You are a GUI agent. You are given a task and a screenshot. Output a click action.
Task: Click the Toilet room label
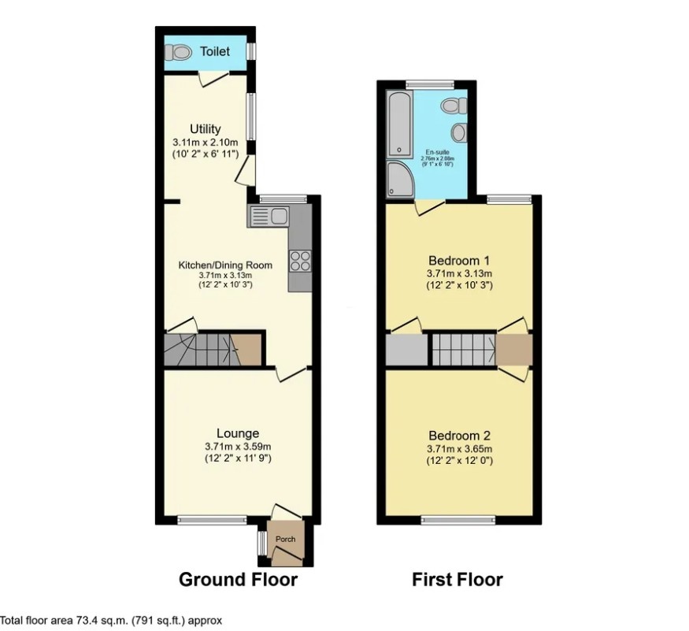click(x=215, y=52)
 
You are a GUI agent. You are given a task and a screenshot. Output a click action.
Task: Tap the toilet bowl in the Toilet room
click(x=180, y=52)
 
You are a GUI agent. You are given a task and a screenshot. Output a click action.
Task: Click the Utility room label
click(x=205, y=129)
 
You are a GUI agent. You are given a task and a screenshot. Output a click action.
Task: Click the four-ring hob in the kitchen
click(x=300, y=261)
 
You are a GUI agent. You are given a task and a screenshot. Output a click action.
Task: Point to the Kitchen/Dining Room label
click(x=224, y=265)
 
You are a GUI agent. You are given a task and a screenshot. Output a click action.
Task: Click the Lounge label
click(x=238, y=433)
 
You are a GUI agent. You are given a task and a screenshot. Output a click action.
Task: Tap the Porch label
click(x=285, y=540)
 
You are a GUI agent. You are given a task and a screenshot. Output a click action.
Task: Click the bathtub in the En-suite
click(x=400, y=123)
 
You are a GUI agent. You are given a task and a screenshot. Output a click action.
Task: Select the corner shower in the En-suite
click(x=401, y=180)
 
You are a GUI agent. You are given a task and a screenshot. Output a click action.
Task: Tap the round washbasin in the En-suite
click(x=460, y=132)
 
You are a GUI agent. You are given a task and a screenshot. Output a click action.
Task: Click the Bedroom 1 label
click(x=460, y=261)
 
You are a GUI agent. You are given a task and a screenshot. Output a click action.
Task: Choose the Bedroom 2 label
click(x=460, y=436)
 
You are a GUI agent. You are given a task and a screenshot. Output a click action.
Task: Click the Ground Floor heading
click(x=238, y=581)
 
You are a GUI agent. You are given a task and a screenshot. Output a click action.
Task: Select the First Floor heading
click(x=457, y=581)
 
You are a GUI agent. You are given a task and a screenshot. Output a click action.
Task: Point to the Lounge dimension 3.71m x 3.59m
click(x=238, y=447)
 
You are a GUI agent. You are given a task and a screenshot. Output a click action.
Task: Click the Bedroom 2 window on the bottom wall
click(x=457, y=519)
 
